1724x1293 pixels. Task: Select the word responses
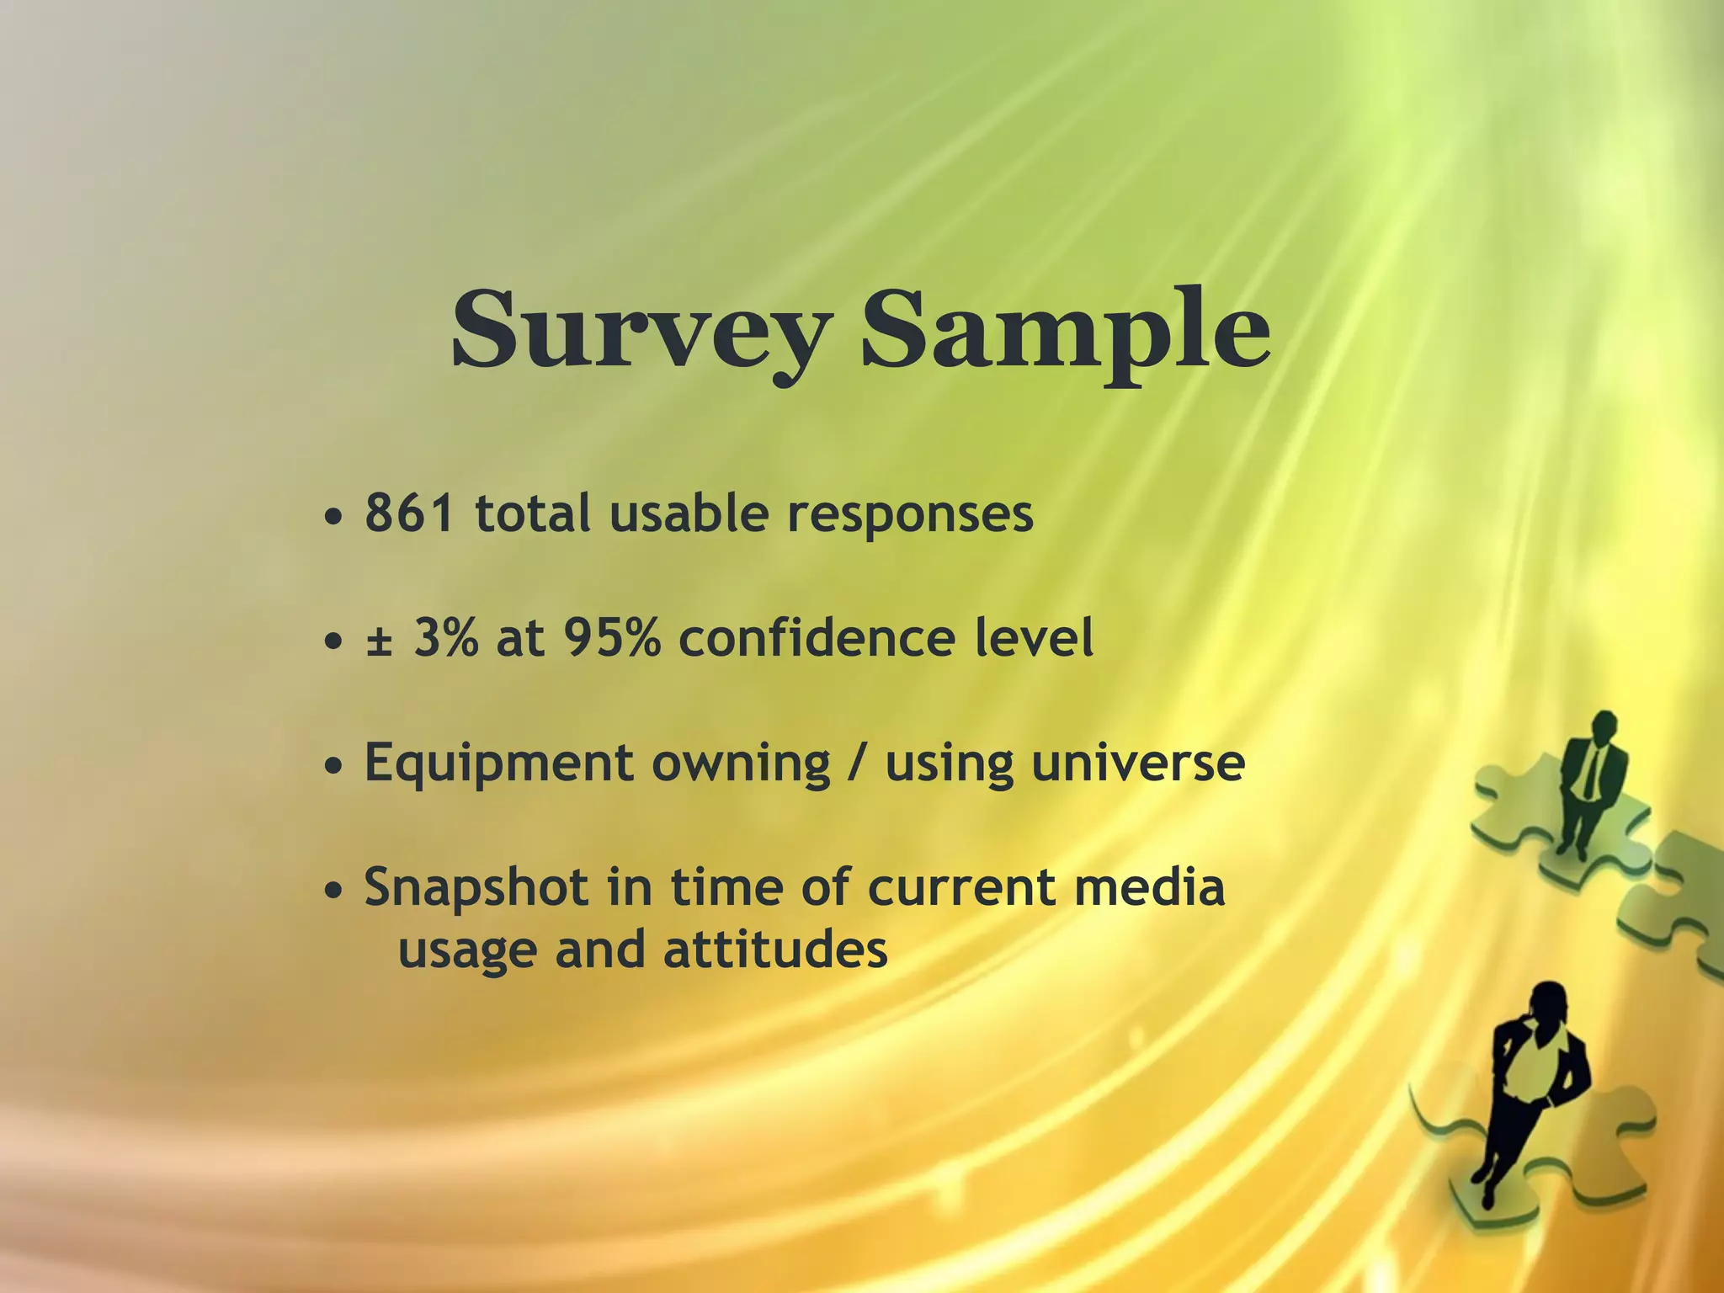click(910, 515)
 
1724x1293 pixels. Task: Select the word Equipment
click(498, 764)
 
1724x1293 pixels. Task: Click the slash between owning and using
click(858, 764)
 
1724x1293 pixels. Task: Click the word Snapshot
click(476, 889)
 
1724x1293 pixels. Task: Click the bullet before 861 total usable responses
click(334, 516)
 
